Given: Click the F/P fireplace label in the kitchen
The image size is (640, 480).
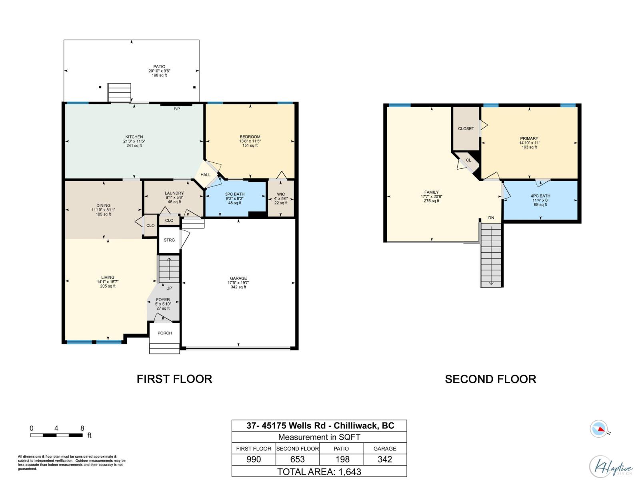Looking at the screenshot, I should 176,109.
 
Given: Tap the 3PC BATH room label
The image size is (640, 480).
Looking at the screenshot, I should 235,194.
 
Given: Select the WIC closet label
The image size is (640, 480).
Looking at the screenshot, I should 281,194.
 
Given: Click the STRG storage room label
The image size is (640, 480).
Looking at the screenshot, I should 169,240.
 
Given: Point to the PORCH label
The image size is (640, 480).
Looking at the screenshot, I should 165,333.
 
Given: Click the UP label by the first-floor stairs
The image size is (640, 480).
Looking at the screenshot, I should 169,288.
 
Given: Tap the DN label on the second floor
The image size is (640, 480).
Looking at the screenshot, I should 491,218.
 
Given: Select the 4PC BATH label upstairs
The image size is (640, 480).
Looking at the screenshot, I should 540,196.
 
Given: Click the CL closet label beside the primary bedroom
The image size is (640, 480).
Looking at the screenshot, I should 468,160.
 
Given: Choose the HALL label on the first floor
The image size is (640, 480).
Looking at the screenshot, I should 206,175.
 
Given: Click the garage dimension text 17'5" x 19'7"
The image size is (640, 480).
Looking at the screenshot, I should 238,283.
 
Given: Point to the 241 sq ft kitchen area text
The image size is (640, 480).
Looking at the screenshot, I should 134,146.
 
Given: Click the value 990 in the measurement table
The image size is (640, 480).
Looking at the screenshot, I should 254,459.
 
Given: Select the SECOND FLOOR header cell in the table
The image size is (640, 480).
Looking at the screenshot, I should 298,448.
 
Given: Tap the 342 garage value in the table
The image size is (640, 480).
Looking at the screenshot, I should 385,459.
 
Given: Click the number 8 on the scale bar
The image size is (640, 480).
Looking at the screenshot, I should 82,428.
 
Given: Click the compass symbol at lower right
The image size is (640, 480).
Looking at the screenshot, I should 599,429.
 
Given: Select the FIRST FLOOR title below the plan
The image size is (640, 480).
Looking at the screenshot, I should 174,379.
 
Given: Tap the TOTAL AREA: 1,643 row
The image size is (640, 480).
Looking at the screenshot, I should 319,472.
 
